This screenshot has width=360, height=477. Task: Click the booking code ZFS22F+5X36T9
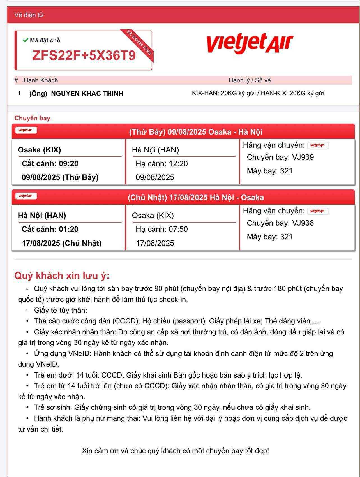click(84, 55)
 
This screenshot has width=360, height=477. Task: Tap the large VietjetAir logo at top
click(249, 43)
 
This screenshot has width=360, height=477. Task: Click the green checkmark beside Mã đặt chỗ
click(25, 40)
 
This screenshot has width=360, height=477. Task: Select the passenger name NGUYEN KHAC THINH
click(87, 94)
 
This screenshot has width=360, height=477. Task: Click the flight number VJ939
click(303, 157)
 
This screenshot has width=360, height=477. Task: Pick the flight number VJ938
click(303, 223)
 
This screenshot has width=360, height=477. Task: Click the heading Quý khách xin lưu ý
click(62, 275)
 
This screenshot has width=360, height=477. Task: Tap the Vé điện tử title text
click(29, 15)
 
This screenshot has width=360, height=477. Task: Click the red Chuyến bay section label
click(32, 118)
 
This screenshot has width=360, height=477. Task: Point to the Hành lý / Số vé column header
click(250, 80)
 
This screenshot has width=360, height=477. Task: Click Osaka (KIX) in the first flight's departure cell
click(39, 150)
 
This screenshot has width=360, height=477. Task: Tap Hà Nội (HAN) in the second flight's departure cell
click(42, 216)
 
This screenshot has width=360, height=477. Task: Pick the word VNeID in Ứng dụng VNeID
click(79, 354)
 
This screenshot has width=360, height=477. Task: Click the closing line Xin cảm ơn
click(175, 451)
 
